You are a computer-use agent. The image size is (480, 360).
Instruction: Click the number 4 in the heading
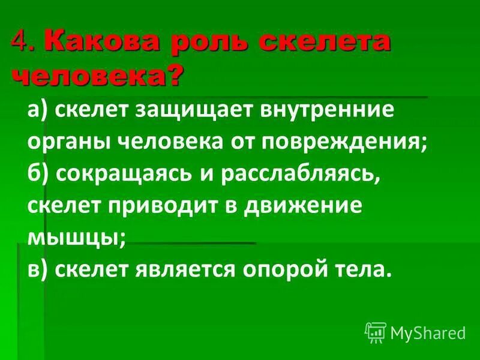(20, 43)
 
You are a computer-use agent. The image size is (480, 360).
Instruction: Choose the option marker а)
(39, 111)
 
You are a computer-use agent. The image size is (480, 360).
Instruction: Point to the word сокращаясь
(124, 174)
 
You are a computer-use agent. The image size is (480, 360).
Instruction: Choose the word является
(181, 269)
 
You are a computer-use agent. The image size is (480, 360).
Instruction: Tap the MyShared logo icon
(376, 332)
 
